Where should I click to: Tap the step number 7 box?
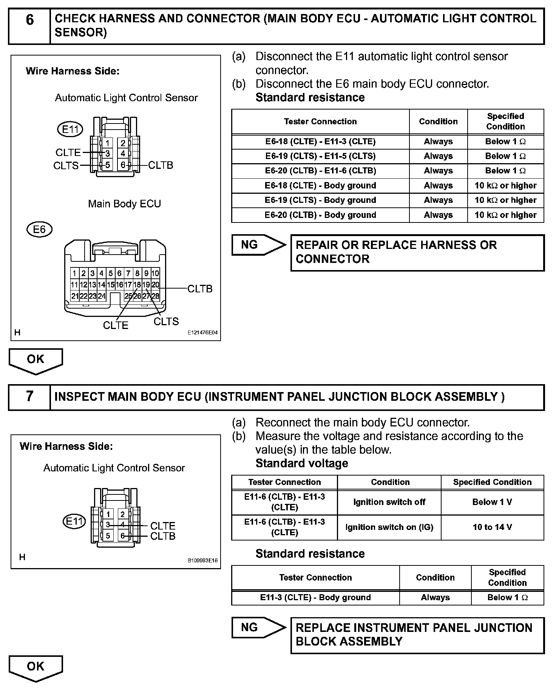tap(29, 397)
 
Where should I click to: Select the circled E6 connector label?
tap(39, 229)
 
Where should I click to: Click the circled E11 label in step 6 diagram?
tap(70, 130)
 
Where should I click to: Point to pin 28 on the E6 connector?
tap(155, 297)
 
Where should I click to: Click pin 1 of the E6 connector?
tap(74, 273)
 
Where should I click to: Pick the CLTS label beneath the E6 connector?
tap(166, 321)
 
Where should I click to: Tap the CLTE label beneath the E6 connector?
tap(116, 325)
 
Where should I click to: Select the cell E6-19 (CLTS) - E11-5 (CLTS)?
tap(320, 156)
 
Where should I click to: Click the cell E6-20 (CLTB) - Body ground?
tap(320, 215)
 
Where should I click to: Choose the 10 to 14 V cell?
tap(492, 527)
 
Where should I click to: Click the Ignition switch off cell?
tap(389, 502)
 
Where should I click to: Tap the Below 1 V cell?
tap(492, 502)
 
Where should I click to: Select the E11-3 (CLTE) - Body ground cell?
tap(315, 597)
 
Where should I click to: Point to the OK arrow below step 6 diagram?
tap(36, 360)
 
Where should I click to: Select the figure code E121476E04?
tap(202, 333)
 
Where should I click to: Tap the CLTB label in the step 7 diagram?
tap(163, 536)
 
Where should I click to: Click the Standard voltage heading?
tap(302, 463)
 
